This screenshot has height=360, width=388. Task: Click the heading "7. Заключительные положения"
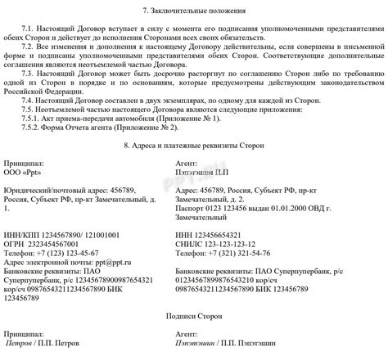193,10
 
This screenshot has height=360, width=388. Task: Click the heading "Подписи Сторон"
193,313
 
